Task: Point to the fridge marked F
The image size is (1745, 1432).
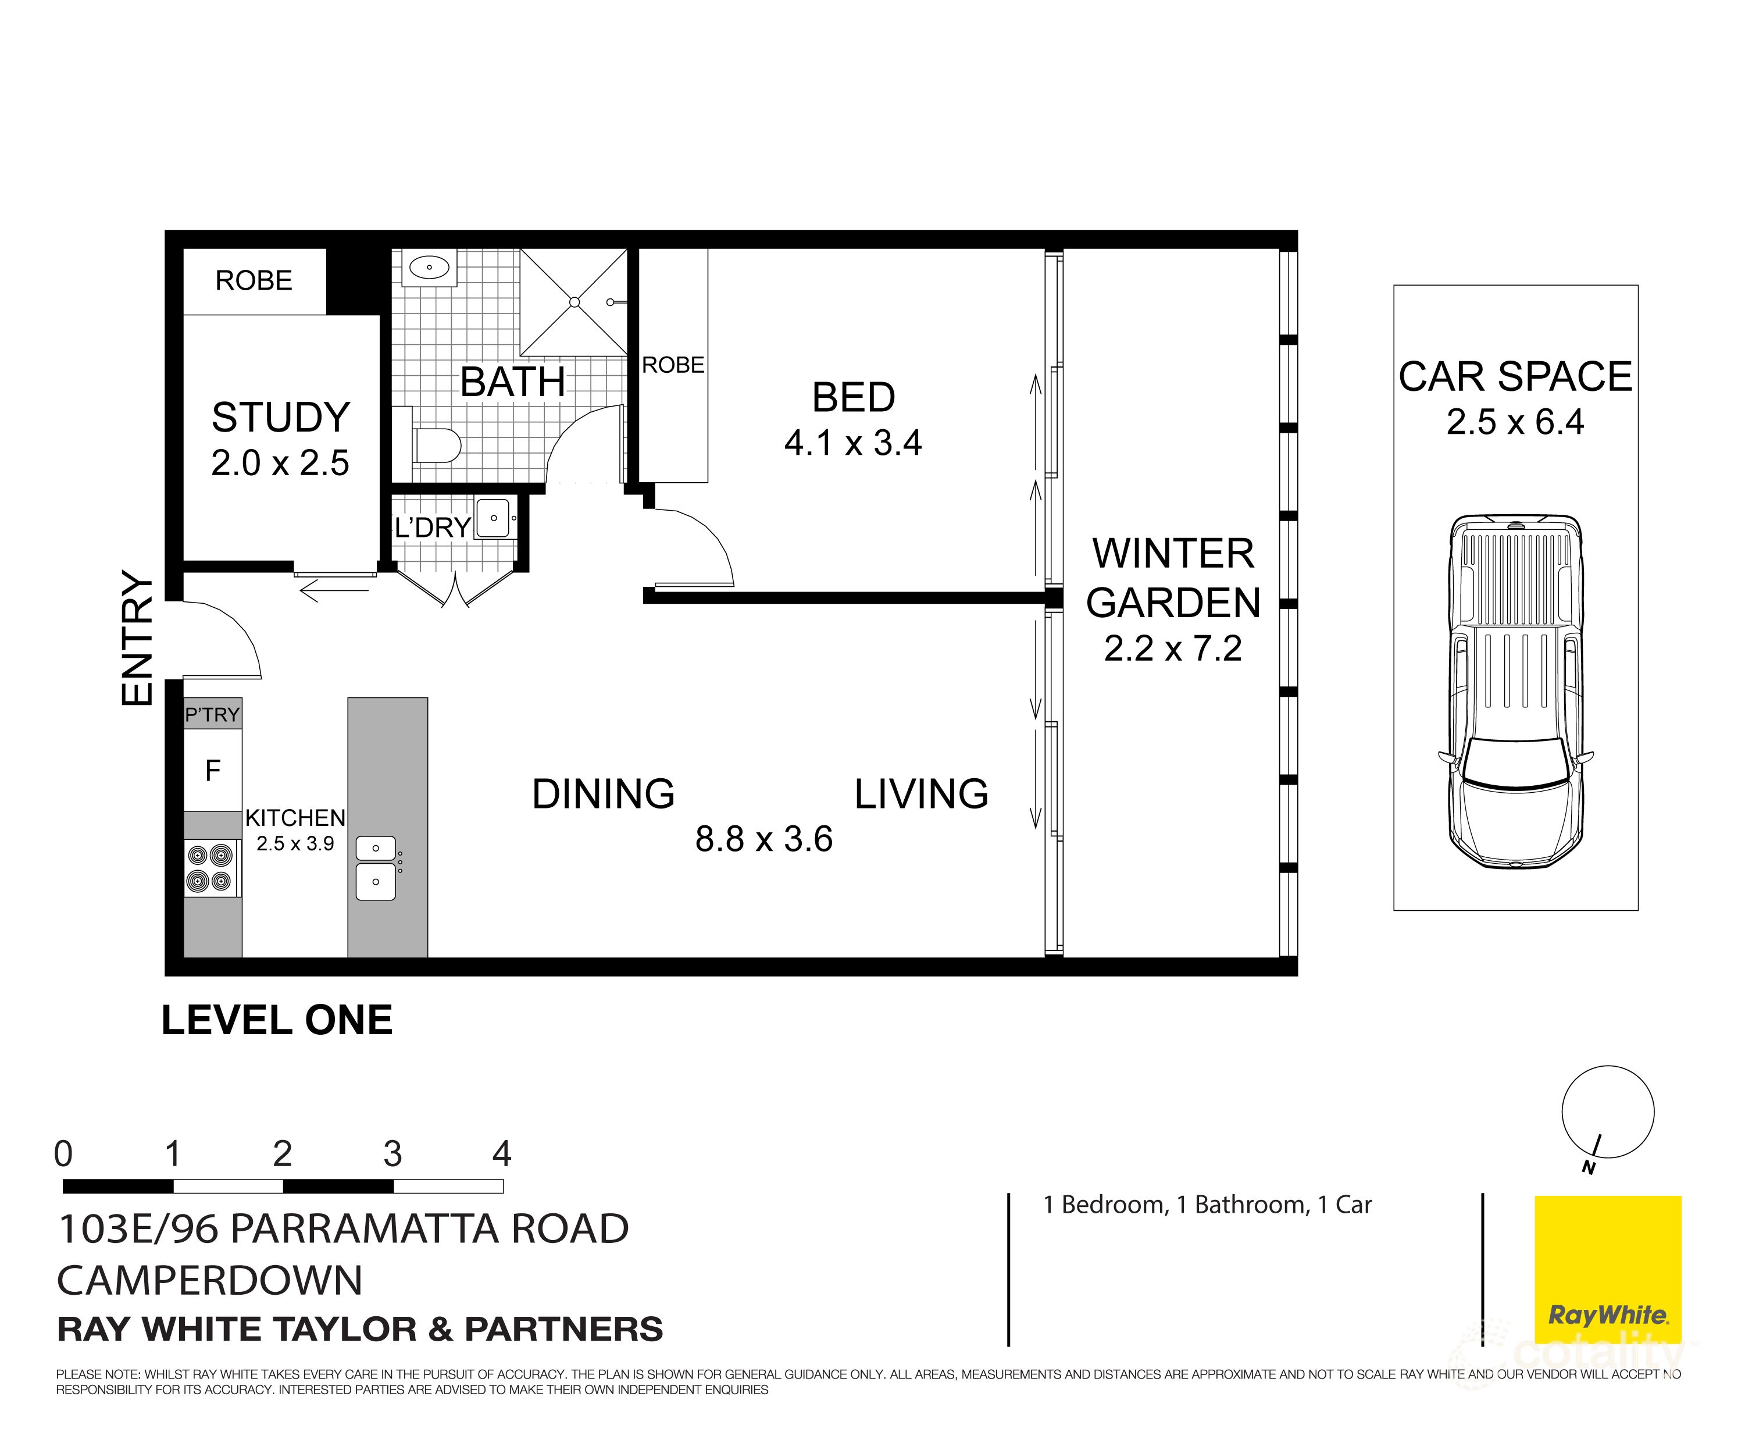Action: [x=213, y=771]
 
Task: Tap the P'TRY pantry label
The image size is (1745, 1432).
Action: [x=213, y=714]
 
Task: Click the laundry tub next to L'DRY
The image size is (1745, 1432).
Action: [x=493, y=519]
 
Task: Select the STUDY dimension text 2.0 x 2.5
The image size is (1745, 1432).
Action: [x=280, y=464]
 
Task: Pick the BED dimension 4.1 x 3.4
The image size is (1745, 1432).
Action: [x=852, y=444]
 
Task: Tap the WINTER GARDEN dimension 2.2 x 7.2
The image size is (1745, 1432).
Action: [x=1173, y=649]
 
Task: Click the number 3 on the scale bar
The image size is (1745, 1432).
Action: [x=392, y=1154]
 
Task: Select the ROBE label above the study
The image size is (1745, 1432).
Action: [x=254, y=280]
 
